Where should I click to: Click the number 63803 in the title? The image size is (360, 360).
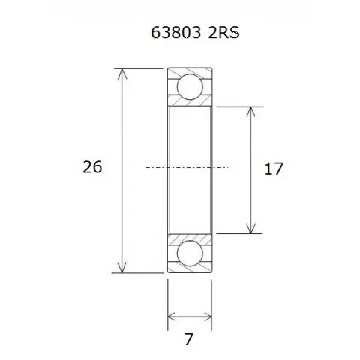tap(176, 32)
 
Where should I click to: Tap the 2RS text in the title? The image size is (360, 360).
tap(223, 32)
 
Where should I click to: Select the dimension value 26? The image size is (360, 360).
tap(92, 167)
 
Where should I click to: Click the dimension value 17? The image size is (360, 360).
tap(274, 169)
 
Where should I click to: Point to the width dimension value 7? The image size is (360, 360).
tap(189, 339)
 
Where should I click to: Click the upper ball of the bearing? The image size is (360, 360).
tap(190, 86)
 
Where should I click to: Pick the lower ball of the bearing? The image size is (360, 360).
tap(190, 253)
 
